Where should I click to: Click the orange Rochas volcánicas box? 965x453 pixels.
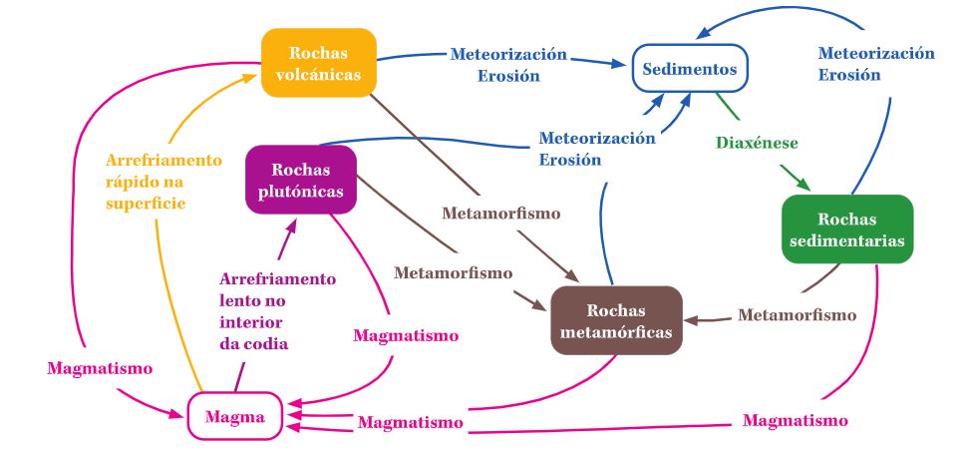[x=319, y=62]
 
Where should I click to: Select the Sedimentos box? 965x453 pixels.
[x=690, y=70]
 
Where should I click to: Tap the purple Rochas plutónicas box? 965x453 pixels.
[x=300, y=180]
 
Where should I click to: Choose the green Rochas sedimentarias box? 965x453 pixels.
[x=847, y=229]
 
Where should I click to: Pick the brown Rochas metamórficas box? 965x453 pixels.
[x=616, y=320]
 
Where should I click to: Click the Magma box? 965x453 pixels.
[x=235, y=418]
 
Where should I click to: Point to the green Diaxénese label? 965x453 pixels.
[x=757, y=143]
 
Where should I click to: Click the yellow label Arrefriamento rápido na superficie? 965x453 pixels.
[x=163, y=182]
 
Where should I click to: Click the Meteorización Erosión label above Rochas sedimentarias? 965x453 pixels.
[x=875, y=64]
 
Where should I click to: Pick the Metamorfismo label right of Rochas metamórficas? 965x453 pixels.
[x=797, y=315]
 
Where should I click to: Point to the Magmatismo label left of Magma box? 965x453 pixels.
[x=100, y=368]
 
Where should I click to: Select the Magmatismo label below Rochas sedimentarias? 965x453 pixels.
[x=796, y=419]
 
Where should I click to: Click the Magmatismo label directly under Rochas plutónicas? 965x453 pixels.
[x=406, y=335]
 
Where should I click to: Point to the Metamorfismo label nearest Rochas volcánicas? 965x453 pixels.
[x=500, y=214]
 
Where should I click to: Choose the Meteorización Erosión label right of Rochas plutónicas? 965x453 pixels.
[x=597, y=149]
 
